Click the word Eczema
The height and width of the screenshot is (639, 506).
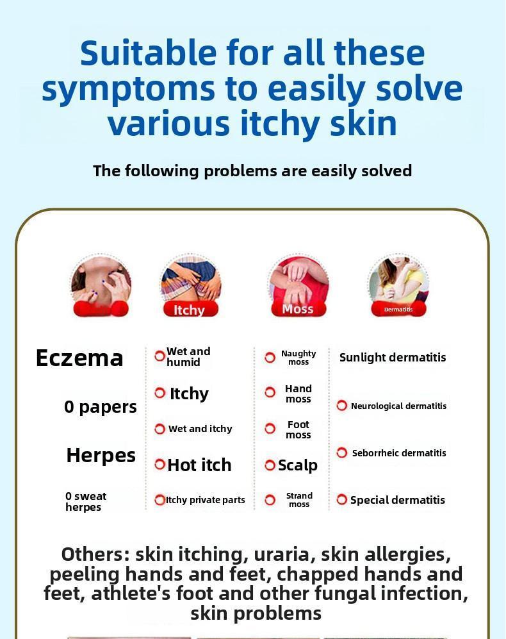coord(79,358)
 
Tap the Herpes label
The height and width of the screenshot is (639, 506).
coord(101,455)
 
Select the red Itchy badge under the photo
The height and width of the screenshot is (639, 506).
coord(189,310)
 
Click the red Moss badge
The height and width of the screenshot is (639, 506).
coord(298,309)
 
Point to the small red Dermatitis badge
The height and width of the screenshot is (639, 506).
coord(398,310)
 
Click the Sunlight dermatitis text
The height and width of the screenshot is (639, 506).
coord(393,358)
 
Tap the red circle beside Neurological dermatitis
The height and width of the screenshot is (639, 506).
coord(342,406)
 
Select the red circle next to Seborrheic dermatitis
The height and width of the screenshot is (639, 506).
coord(342,452)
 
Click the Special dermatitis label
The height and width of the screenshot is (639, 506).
coord(397,500)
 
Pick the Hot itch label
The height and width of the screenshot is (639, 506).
coord(199,465)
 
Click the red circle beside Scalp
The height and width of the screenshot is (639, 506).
coord(270,465)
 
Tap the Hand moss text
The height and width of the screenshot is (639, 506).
coord(298,394)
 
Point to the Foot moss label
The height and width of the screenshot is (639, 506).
coord(298,429)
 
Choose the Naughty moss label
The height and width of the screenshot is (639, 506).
coord(298,358)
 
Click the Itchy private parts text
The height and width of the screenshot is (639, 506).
coord(206,500)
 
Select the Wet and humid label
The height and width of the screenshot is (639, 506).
coord(188,357)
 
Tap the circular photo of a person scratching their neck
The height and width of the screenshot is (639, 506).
coord(101,283)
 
